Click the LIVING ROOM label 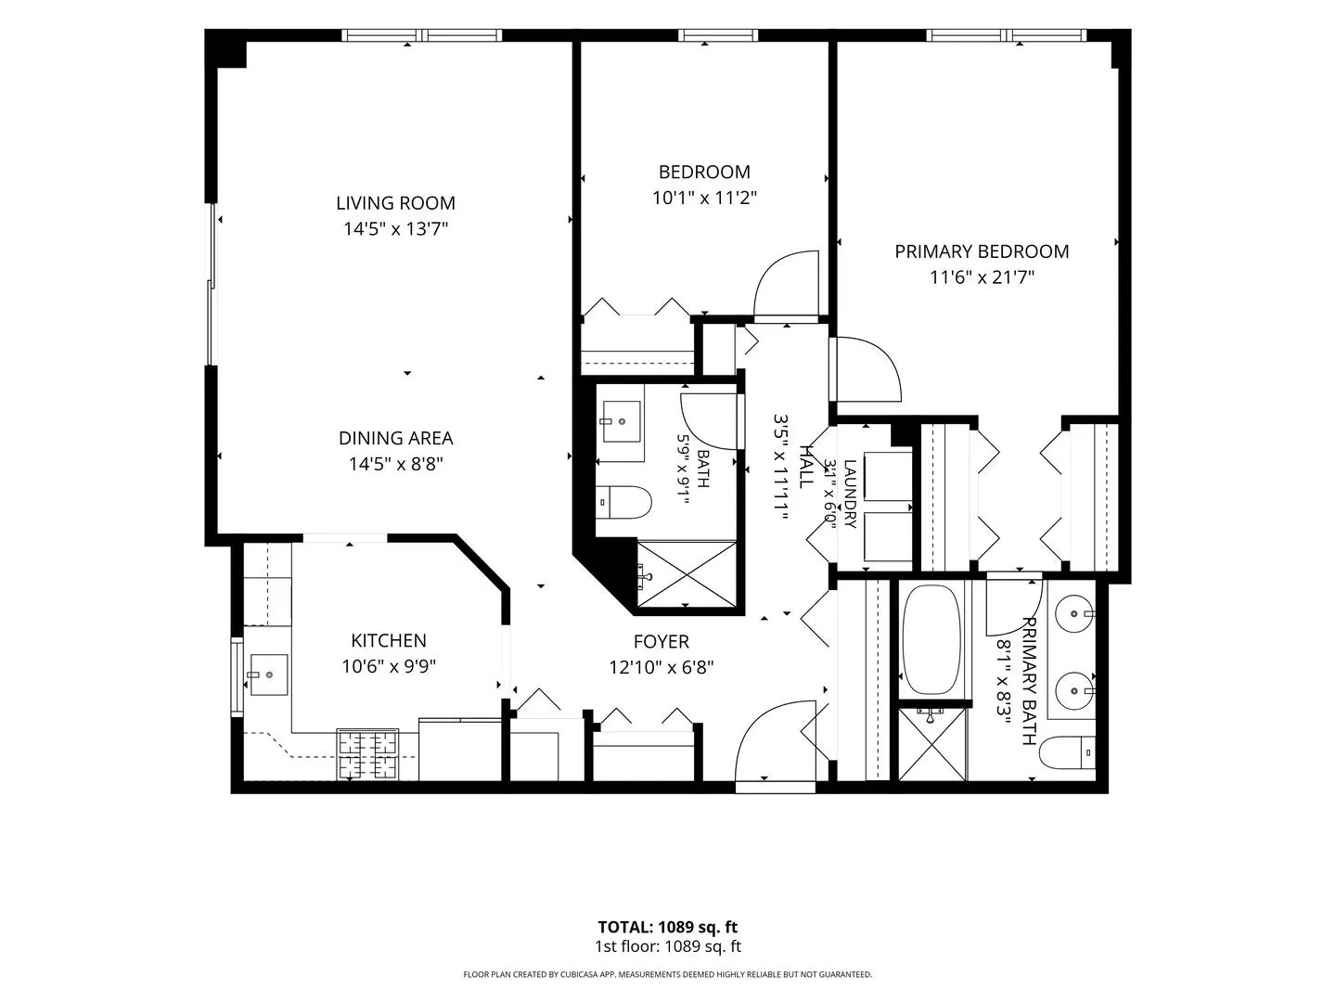[395, 202]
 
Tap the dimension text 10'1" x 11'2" [704, 198]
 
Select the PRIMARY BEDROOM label [982, 251]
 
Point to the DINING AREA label [395, 438]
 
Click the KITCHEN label [389, 640]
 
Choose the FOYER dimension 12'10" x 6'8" [661, 668]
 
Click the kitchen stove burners [367, 754]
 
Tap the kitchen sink [269, 674]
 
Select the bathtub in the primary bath [931, 639]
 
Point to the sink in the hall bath [622, 421]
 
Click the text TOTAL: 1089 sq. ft [668, 927]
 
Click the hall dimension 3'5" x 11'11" [781, 468]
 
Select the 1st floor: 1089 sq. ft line [668, 946]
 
